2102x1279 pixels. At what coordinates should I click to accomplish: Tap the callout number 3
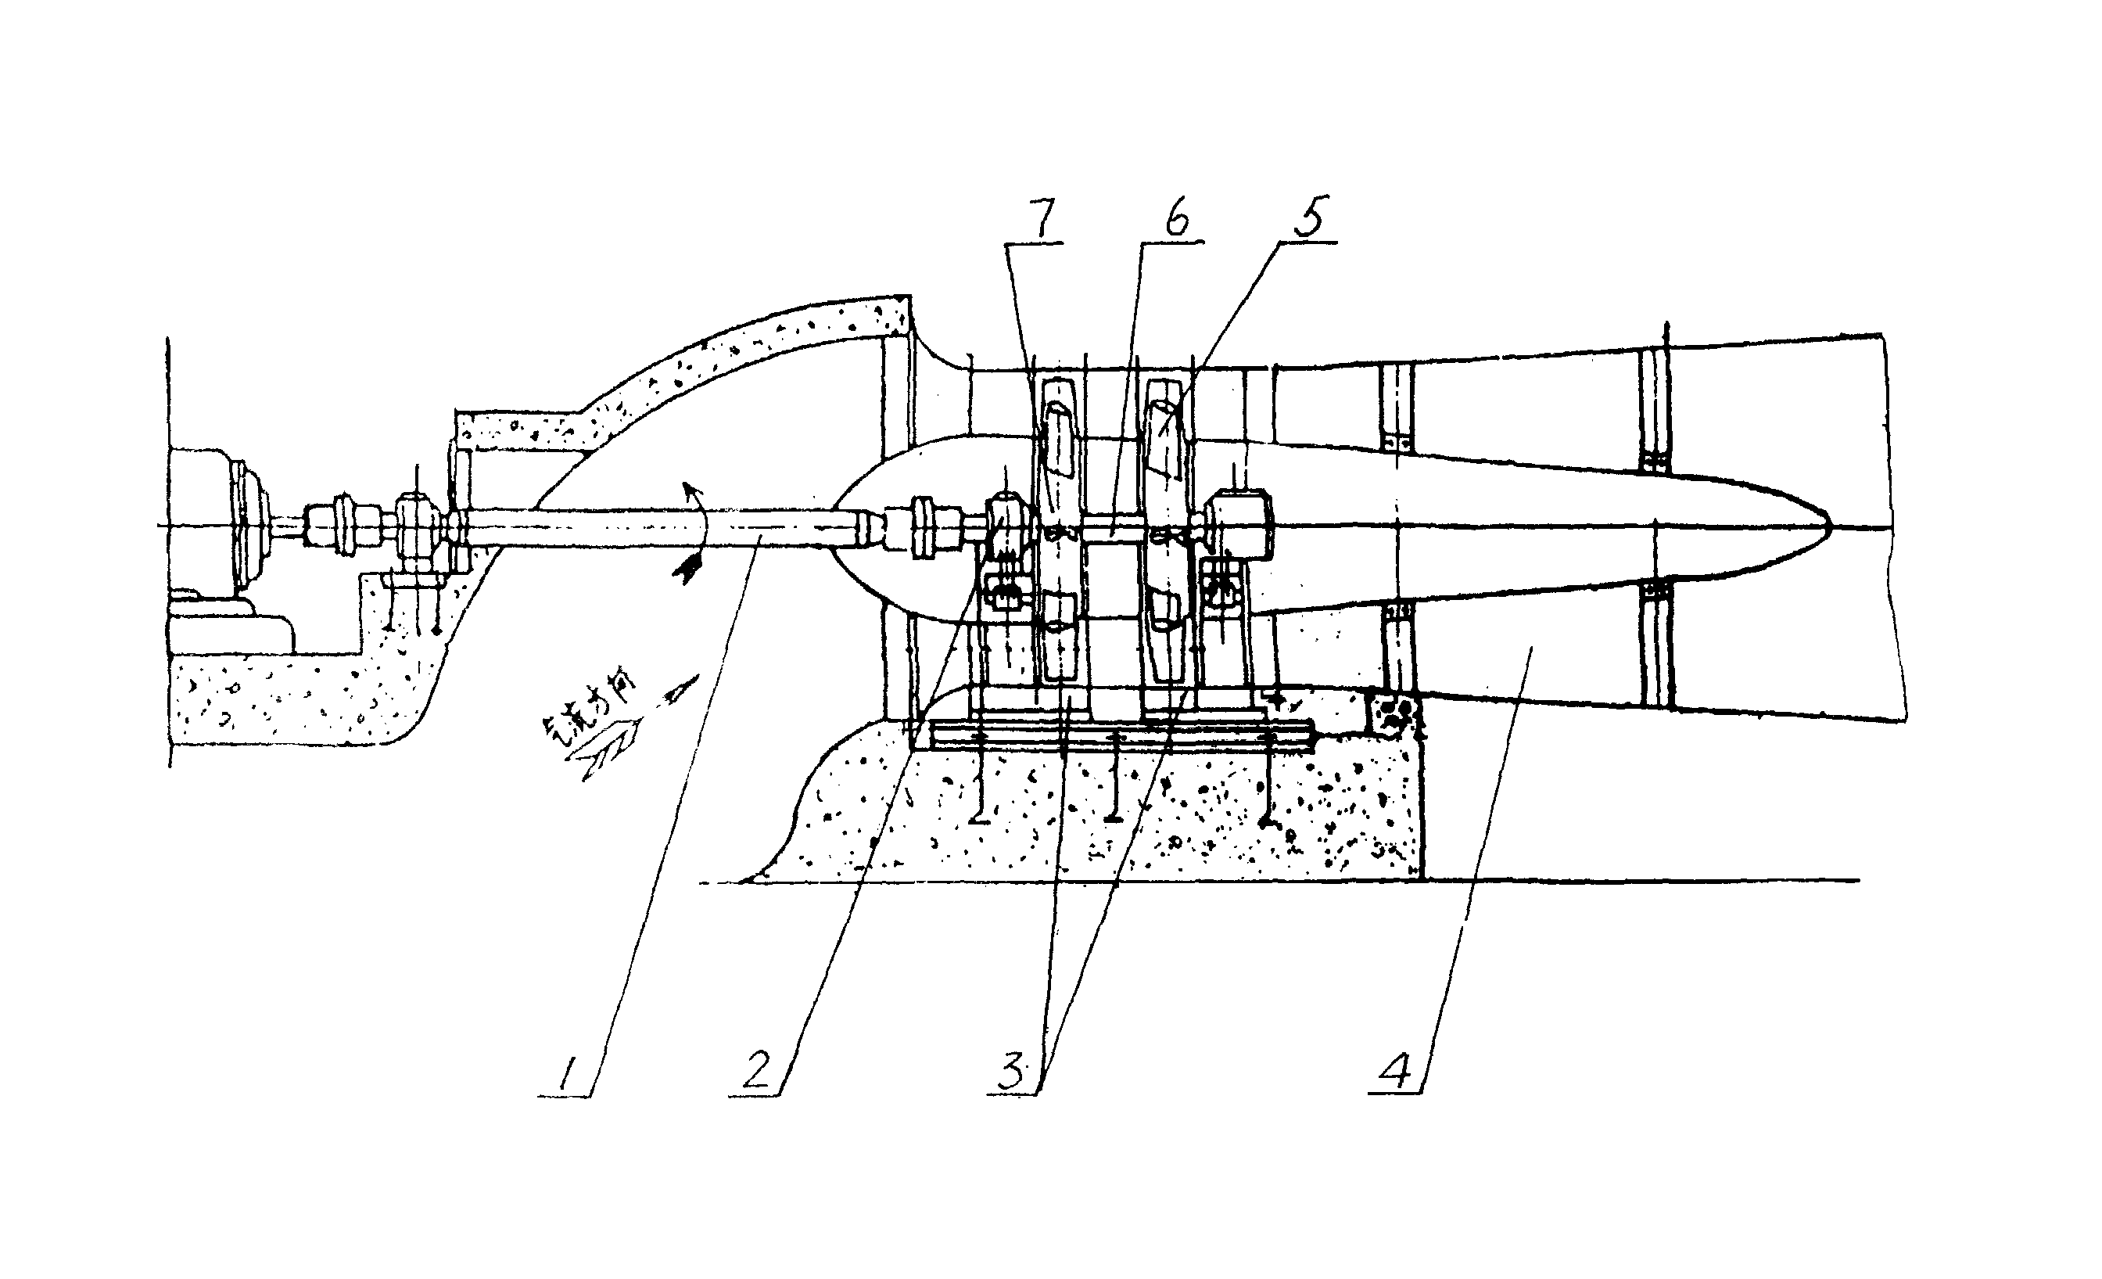click(x=1012, y=1071)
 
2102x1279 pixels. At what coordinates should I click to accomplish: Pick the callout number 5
click(x=1311, y=217)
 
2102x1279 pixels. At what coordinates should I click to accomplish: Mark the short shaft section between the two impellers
click(x=1113, y=528)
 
